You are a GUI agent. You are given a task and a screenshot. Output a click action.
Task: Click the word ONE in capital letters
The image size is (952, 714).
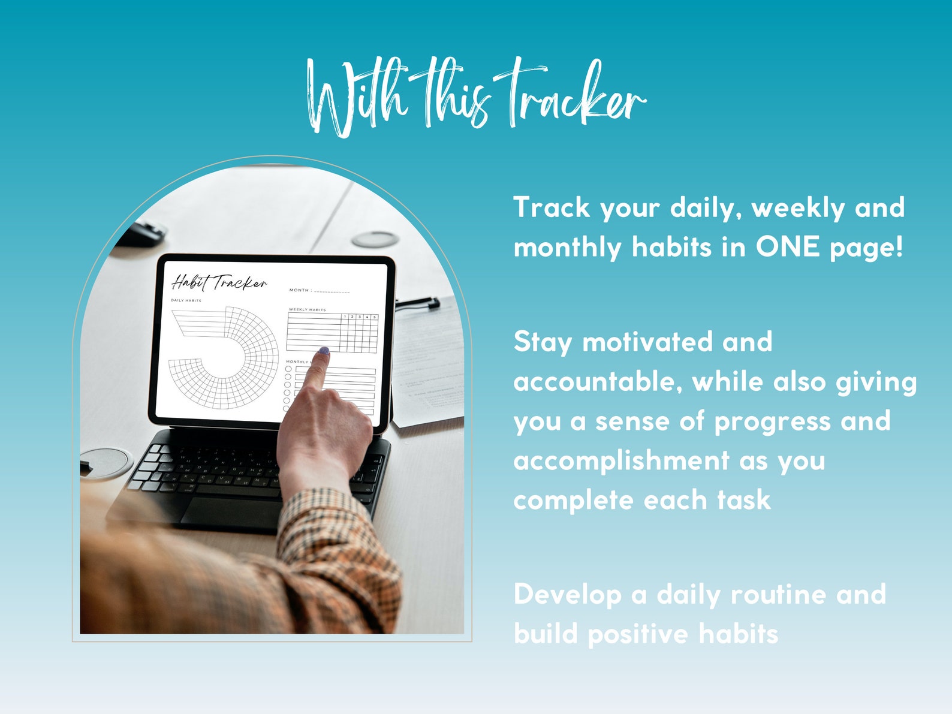coord(787,247)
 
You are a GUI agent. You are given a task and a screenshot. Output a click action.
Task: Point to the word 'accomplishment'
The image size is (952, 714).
coord(621,461)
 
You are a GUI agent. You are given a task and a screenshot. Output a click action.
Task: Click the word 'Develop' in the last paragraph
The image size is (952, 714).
coord(567,595)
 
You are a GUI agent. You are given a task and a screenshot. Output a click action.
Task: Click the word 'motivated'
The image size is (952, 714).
coord(647,342)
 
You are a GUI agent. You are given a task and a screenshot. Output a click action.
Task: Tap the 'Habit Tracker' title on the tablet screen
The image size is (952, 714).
coord(219,282)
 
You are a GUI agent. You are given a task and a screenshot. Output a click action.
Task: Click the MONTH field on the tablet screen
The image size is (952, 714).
coord(320,290)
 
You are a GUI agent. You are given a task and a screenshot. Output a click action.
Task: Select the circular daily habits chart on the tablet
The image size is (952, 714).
coord(225,357)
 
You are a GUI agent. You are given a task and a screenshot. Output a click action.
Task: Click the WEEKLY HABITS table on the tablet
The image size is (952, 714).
coord(332,333)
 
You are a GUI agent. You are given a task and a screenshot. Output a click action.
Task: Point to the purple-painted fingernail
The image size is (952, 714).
coord(324,351)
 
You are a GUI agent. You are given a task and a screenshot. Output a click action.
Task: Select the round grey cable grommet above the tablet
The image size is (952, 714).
coord(375,240)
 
